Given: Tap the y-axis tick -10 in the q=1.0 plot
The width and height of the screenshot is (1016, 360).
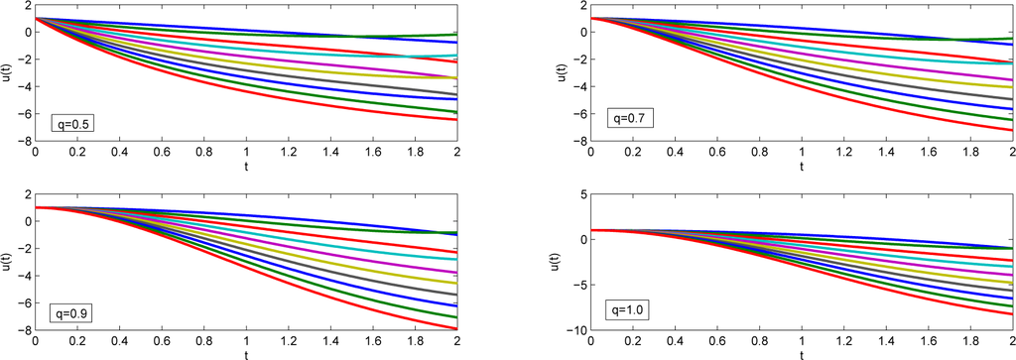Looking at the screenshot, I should [x=575, y=330].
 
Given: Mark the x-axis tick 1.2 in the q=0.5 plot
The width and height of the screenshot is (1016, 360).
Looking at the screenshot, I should [x=289, y=154].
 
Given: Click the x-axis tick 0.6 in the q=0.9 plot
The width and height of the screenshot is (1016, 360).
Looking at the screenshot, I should [x=162, y=342].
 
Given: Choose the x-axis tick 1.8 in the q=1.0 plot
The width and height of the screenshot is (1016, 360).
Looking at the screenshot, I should [x=970, y=342].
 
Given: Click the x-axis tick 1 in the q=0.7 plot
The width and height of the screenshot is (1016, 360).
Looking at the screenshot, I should [x=801, y=154].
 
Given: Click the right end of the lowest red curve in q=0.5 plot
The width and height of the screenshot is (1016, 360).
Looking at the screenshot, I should [x=457, y=120].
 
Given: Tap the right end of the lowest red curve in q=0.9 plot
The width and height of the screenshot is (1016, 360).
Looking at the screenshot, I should [x=457, y=328].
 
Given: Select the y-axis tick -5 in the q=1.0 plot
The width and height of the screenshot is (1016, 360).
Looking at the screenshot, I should [x=578, y=286].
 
